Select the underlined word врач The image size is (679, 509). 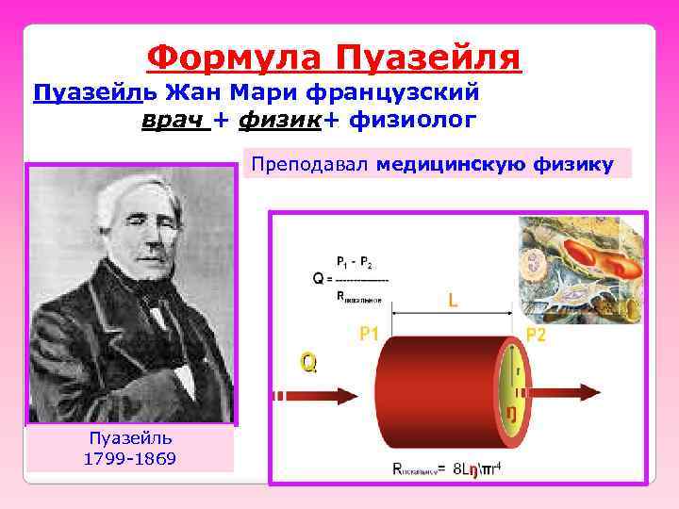click(172, 120)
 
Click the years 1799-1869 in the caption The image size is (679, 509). click(130, 459)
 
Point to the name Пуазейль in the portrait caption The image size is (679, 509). click(130, 439)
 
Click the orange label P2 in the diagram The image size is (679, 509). click(535, 336)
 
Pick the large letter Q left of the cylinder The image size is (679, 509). click(308, 361)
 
